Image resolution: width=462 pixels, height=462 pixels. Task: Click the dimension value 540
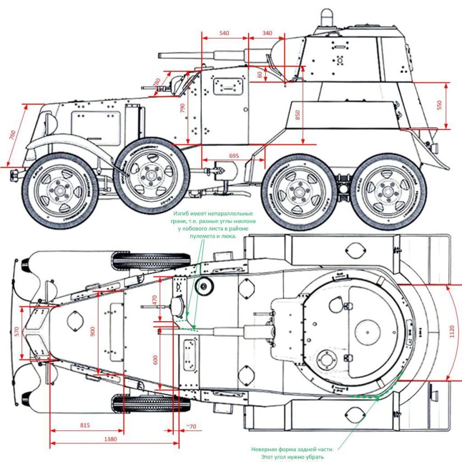click(224, 34)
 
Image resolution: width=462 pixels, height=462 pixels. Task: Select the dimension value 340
click(267, 34)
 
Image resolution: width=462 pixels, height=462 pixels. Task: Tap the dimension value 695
click(234, 156)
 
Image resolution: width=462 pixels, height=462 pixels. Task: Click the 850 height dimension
click(298, 116)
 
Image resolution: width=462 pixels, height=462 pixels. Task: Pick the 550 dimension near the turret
click(439, 105)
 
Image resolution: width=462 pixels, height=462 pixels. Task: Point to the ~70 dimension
click(190, 426)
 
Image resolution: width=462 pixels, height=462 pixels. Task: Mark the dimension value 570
click(17, 332)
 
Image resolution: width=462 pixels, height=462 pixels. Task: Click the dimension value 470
click(155, 300)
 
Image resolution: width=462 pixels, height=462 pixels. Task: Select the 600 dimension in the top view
click(155, 360)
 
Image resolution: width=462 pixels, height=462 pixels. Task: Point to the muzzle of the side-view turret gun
click(160, 56)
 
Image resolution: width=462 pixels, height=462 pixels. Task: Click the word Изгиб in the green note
click(183, 213)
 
